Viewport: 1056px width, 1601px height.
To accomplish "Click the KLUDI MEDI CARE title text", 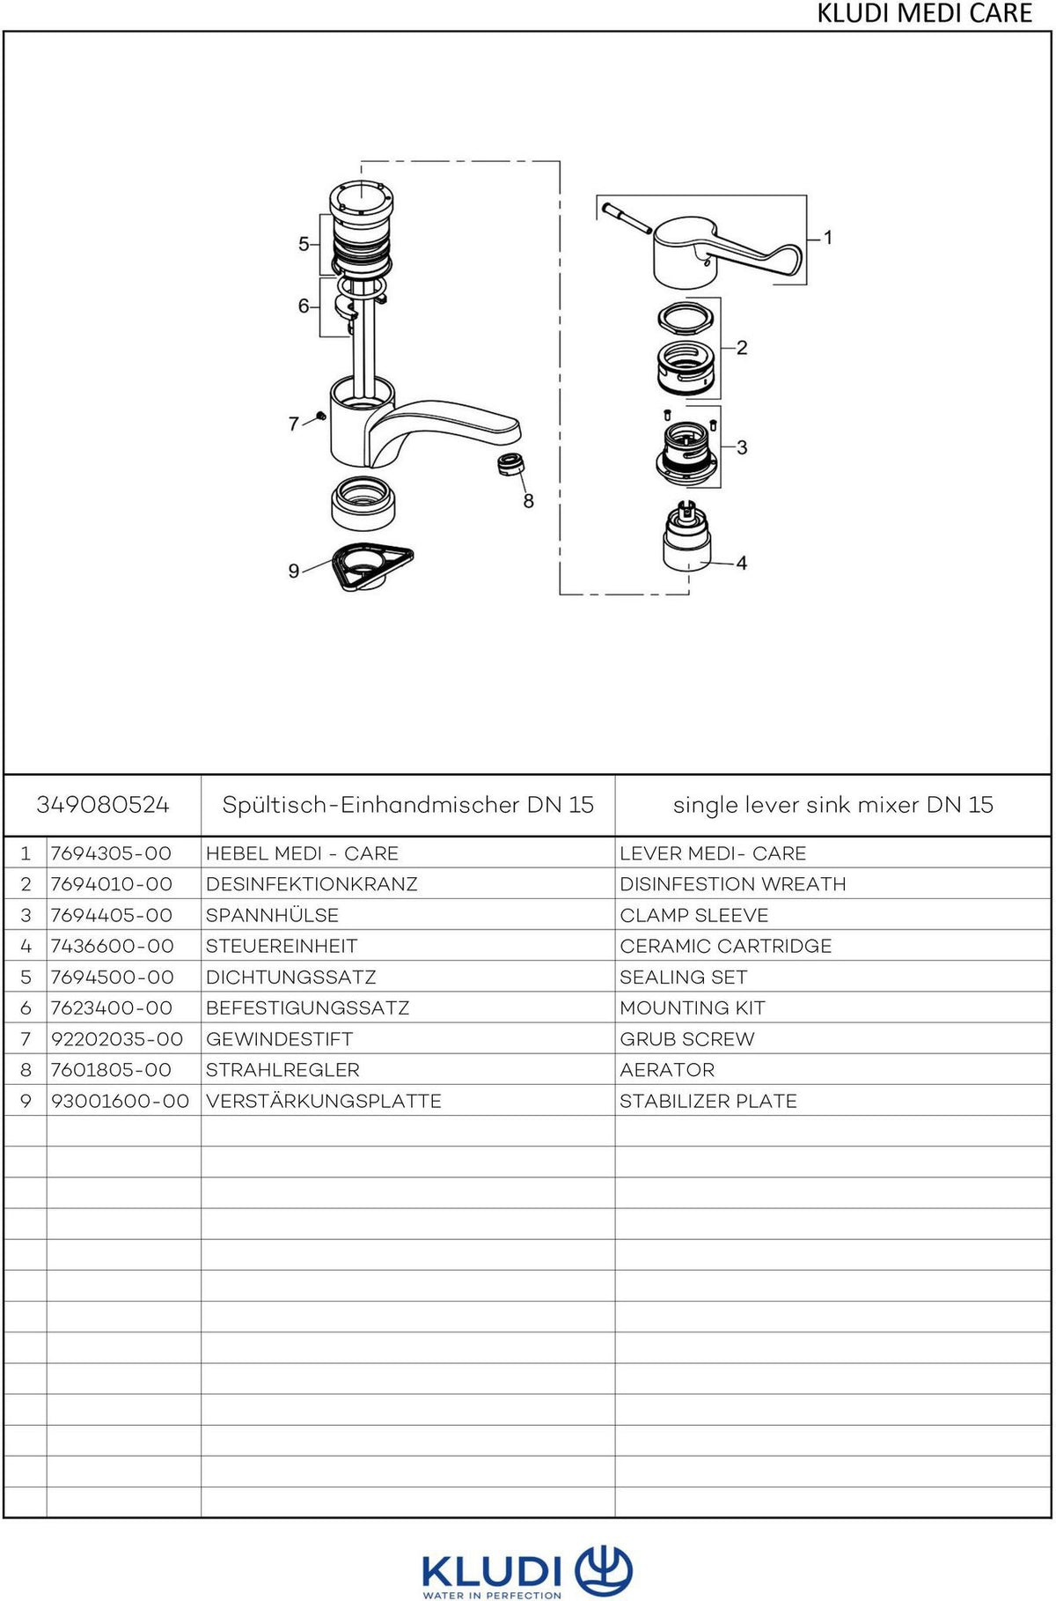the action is coord(925,13).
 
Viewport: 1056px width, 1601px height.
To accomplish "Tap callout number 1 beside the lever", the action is coord(827,237).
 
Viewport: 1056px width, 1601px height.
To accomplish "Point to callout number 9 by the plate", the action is coord(294,571).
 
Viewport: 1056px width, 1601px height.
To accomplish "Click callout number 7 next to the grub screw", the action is coord(294,424).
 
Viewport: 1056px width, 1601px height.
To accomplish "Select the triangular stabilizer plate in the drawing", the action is coord(372,565).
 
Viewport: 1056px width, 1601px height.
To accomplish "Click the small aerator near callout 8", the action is coord(510,464).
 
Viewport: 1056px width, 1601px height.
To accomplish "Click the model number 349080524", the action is coord(103,804).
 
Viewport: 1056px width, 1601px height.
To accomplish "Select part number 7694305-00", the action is coord(111,853).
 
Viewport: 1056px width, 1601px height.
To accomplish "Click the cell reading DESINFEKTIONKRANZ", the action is coord(312,884).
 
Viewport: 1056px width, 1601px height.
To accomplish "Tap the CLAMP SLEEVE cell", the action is coord(694,915).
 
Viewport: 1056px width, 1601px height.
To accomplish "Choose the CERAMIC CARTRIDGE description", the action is coord(726,946).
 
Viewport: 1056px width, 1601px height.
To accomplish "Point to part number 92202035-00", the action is coord(117,1039).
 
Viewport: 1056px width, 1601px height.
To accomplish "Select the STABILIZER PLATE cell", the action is coord(708,1101).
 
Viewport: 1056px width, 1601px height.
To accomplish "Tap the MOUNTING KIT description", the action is coord(693,1007).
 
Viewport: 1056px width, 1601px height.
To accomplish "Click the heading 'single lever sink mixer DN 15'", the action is coord(833,805).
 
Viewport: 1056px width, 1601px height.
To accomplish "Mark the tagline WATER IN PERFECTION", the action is coord(492,1595).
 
